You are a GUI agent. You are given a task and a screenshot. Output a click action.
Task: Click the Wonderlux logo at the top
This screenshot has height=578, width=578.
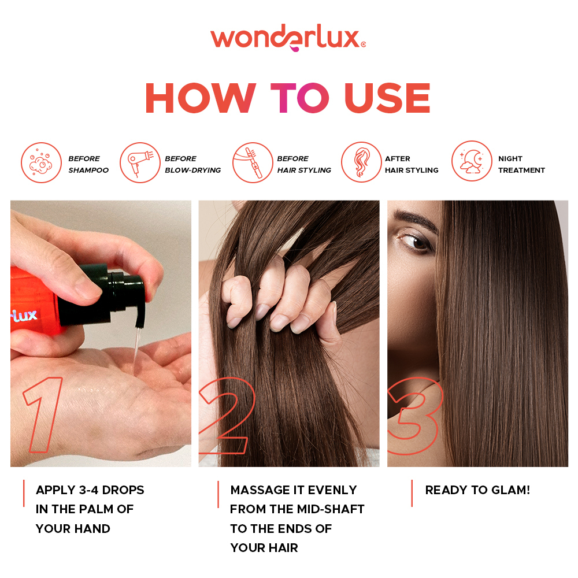click(x=288, y=39)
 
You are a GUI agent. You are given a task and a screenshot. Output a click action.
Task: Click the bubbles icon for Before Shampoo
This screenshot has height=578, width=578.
click(x=41, y=162)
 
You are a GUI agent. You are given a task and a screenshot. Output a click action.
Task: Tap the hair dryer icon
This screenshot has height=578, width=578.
click(x=139, y=162)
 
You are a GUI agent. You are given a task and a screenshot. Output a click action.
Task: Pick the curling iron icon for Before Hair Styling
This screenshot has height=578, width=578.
click(x=252, y=162)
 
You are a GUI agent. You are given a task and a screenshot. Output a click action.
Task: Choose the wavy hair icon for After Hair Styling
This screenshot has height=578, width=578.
click(x=361, y=162)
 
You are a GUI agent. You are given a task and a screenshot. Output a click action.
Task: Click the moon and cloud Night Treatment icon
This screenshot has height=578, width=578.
click(x=472, y=161)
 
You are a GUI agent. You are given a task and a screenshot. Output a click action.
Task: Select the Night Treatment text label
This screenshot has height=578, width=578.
click(x=521, y=164)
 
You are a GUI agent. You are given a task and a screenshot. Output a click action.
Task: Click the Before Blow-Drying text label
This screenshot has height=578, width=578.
click(x=192, y=164)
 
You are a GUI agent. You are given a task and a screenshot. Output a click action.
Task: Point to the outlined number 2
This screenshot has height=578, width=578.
click(x=227, y=414)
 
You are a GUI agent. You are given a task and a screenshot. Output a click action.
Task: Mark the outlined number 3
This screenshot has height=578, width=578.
click(x=415, y=414)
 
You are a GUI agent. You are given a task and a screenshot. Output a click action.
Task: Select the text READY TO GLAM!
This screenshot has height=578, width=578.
click(x=477, y=490)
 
